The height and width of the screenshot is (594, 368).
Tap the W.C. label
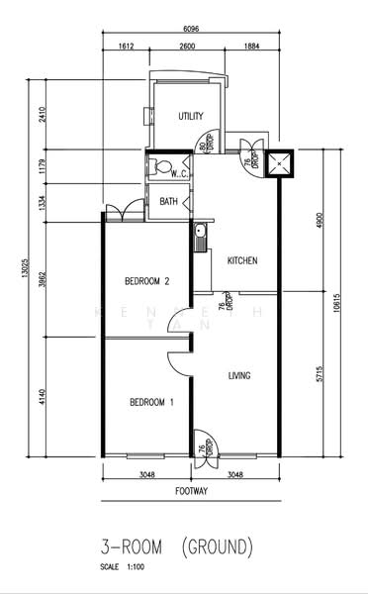coord(179,173)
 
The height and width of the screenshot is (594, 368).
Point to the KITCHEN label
coord(242,261)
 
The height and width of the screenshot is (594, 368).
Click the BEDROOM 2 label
coord(147,282)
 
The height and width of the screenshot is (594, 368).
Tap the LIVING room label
coord(239,375)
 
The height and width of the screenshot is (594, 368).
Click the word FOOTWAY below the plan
coord(192,490)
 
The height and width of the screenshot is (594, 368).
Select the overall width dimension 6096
coord(192,30)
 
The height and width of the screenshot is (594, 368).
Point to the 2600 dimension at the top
coord(187,46)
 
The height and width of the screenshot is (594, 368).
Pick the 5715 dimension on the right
coord(319,376)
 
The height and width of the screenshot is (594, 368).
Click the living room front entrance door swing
coord(205,442)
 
